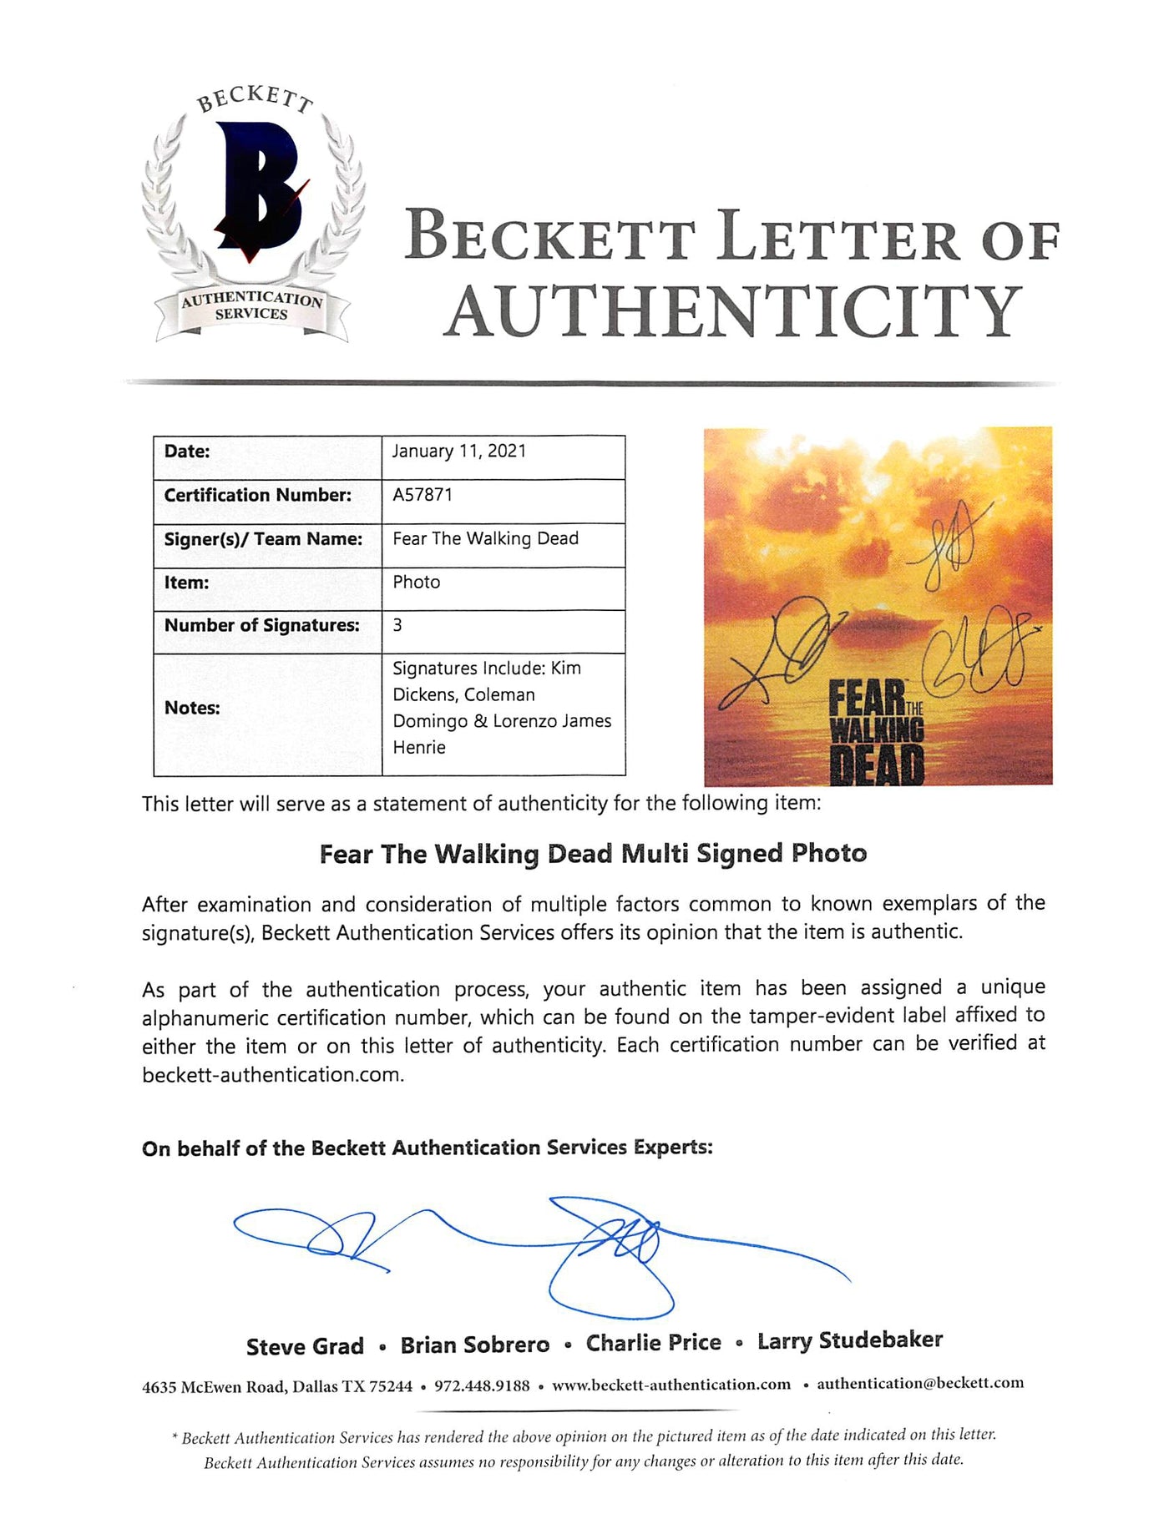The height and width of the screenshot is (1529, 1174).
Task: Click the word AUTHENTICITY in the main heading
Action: (x=732, y=311)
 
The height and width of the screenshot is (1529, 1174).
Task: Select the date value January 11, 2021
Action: (x=459, y=452)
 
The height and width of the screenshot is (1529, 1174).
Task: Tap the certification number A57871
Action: (x=423, y=495)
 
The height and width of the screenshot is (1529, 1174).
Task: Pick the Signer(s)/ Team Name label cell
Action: (x=263, y=539)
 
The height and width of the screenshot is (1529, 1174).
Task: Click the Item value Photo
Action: (x=416, y=583)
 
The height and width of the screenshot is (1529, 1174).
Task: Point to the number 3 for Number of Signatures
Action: (x=397, y=625)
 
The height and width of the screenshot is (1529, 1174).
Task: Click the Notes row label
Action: (x=192, y=708)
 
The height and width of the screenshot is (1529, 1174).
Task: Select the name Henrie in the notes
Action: (x=419, y=748)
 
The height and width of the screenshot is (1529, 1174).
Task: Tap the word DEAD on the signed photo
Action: (x=878, y=765)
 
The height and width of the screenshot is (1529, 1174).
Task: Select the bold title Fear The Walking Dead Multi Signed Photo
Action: (x=593, y=854)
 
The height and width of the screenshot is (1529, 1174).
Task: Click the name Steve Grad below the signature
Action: (x=305, y=1346)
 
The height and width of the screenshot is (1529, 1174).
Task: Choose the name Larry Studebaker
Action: (x=849, y=1341)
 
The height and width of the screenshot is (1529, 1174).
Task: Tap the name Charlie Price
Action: (x=653, y=1343)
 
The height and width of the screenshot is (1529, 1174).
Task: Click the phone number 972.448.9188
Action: (x=482, y=1385)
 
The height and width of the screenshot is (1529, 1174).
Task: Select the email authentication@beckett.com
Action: (x=919, y=1383)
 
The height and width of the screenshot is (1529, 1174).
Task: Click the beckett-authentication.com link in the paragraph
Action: (x=272, y=1075)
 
